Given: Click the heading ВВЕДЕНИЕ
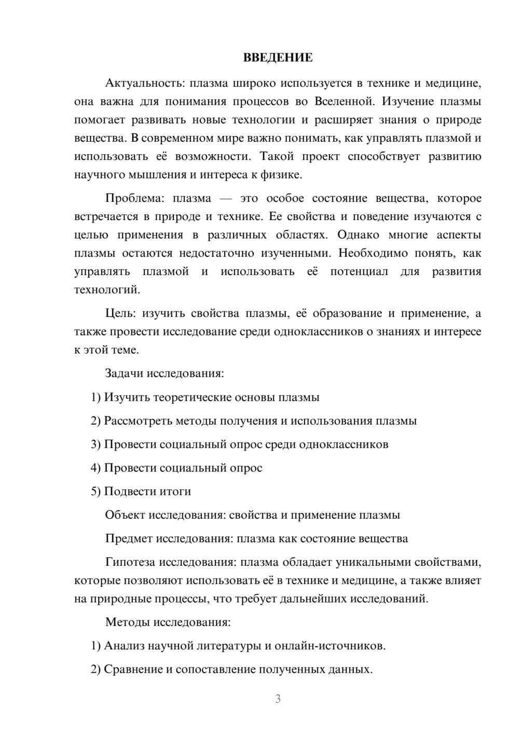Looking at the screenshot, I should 278,58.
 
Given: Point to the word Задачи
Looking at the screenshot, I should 125,373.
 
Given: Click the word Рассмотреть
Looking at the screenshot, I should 138,421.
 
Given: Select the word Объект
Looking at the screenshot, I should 125,515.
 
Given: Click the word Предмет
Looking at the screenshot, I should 129,538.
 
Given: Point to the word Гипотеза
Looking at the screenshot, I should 130,562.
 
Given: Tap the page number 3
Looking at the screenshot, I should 278,699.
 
